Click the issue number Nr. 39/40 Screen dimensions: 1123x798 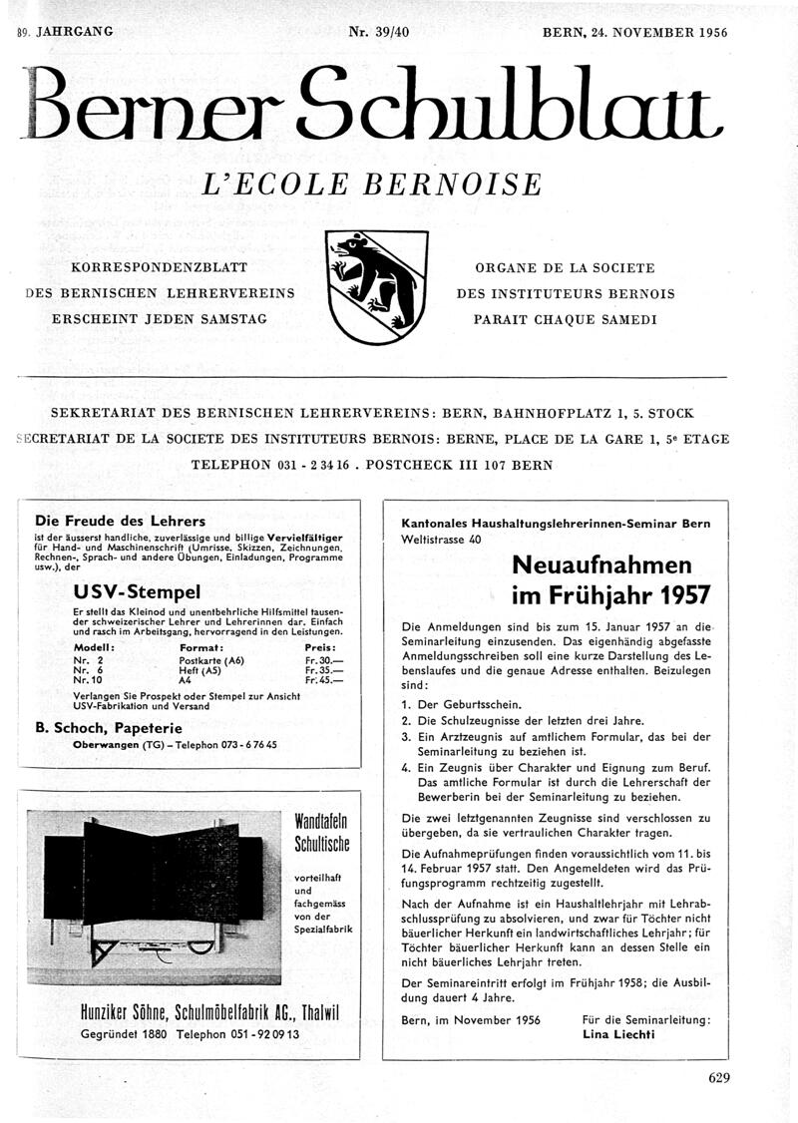pos(379,32)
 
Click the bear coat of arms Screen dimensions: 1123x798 pos(376,285)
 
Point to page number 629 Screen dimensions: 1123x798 pos(719,1076)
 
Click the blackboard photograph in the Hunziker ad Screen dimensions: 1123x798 pos(157,895)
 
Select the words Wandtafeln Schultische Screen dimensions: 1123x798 pos(320,833)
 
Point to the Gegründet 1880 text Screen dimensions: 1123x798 pos(126,1034)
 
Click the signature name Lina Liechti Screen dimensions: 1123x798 pos(618,1035)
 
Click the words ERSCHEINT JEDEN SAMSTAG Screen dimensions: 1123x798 pos(159,319)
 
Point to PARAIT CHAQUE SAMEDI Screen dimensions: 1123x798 pos(566,319)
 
